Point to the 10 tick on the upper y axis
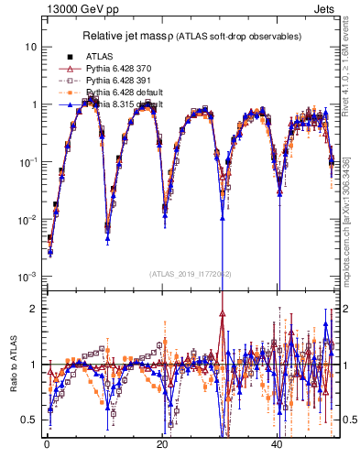(31, 47)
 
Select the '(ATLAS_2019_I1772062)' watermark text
(190, 273)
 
